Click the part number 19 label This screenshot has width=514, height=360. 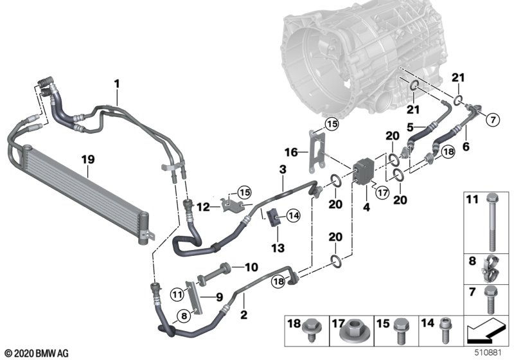88,159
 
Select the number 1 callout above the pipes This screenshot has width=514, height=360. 117,84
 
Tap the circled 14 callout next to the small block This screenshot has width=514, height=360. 293,216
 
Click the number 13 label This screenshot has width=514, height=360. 278,248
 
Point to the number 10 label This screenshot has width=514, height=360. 251,267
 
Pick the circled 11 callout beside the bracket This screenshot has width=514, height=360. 177,295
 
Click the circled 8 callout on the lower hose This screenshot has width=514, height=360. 184,316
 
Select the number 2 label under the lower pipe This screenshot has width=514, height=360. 244,315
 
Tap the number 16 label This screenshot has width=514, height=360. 291,152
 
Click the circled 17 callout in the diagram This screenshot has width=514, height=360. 382,192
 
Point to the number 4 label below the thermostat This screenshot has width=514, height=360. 366,207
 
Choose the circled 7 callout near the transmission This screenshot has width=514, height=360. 493,120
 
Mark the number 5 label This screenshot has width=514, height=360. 411,127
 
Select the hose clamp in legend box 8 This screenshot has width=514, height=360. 490,269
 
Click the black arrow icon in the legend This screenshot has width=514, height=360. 485,331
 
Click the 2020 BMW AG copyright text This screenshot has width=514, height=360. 37,354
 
